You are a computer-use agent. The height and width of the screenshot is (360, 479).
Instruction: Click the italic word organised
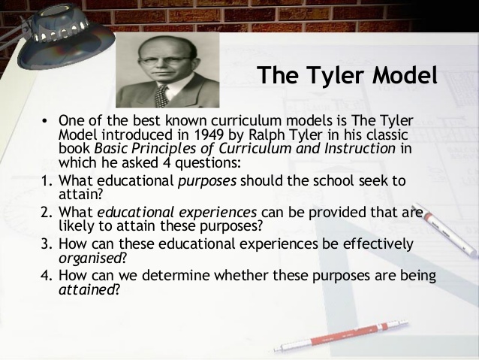coord(86,257)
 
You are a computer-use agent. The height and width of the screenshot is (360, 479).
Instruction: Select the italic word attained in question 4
coord(85,289)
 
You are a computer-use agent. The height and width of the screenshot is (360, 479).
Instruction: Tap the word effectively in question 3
coord(374,244)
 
